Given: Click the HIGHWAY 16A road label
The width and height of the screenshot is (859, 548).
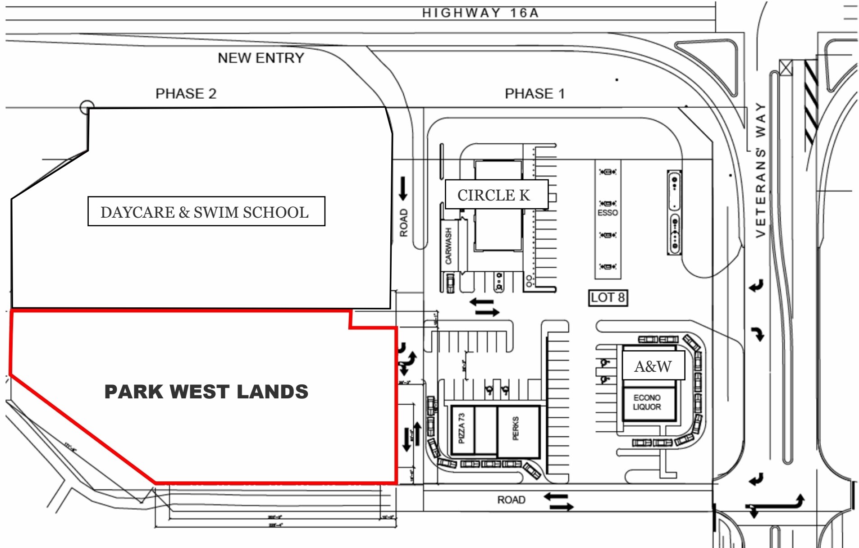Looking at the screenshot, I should point(480,13).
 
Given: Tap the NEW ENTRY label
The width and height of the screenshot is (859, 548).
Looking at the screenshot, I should point(260,58).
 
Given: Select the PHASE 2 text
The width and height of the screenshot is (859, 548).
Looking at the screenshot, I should point(186,94).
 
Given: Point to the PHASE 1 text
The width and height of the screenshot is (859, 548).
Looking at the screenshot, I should point(535,94).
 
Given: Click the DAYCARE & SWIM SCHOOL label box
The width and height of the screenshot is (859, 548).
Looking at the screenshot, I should point(206,211).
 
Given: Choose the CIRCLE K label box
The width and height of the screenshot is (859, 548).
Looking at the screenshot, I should point(496,195).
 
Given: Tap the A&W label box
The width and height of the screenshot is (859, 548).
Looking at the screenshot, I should point(653,366).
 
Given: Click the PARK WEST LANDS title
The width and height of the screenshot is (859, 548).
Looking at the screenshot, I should point(206,392).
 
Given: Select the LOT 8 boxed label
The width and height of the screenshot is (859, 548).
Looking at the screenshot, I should point(608,298).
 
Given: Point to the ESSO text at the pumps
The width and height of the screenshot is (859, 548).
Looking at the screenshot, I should point(608,213).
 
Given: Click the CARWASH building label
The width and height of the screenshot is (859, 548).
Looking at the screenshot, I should point(448,246).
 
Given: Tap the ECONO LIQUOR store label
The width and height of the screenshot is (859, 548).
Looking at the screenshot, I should point(647,402).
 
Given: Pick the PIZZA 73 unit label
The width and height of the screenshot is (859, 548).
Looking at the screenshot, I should point(461,428).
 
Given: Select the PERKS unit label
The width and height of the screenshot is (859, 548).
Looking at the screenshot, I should point(516,428).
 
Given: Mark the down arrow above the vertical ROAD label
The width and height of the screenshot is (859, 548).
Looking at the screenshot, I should point(403,188).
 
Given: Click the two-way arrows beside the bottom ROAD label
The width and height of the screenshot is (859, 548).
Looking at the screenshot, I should point(558,502).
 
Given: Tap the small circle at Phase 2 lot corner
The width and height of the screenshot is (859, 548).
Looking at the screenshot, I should point(87,107).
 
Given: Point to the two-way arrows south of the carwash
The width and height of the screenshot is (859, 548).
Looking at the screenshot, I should point(484,307).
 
